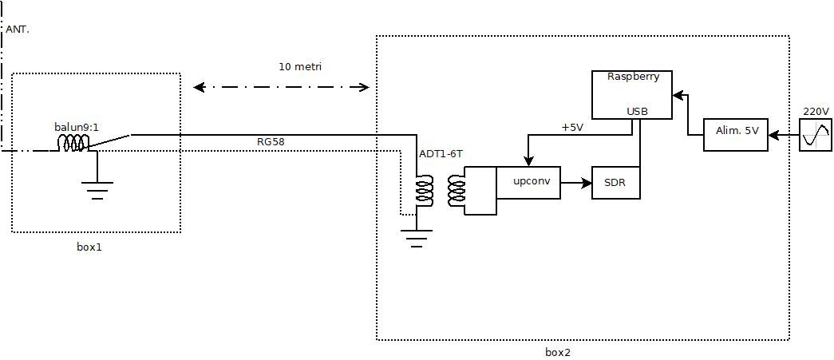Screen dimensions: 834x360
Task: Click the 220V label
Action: pos(816,111)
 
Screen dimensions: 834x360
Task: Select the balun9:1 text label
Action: pos(77,127)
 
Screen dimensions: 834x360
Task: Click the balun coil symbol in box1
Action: pos(73,143)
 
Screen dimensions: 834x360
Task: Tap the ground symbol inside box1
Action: pos(97,190)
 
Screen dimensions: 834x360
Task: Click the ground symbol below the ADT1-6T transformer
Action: pos(416,238)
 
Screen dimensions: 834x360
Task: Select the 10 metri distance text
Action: pos(300,67)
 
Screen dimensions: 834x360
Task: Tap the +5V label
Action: pos(572,128)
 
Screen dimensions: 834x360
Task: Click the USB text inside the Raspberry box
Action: pos(637,111)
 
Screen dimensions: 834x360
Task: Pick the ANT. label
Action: pos(17,30)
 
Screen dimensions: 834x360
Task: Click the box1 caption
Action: pos(89,247)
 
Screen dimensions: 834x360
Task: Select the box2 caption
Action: pos(558,352)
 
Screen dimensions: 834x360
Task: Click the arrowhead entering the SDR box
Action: pos(587,183)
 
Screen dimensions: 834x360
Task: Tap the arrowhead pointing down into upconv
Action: pos(528,161)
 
